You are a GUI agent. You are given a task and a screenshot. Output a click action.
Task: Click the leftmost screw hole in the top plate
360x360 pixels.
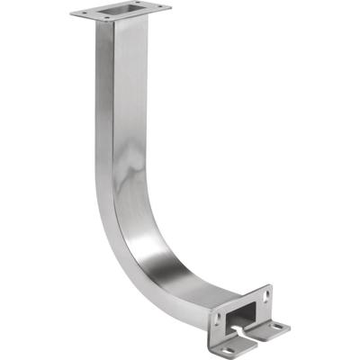pos(81,13)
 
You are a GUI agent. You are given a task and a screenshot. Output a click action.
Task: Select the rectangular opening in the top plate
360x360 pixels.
pos(120,12)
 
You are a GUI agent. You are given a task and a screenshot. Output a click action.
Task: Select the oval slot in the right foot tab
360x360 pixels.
pos(276,326)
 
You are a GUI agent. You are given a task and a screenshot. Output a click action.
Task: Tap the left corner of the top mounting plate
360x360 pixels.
pos(71,13)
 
